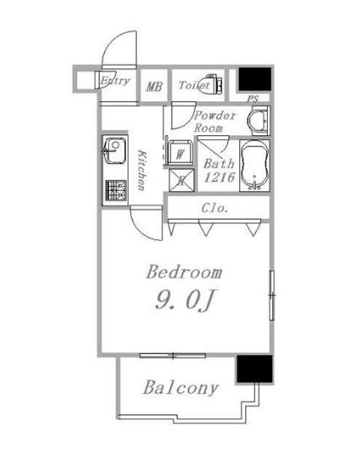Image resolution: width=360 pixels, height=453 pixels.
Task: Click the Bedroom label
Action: coord(184,272)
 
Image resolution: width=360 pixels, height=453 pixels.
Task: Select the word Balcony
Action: coord(181,388)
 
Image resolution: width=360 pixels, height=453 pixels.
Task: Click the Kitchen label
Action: coord(141,170)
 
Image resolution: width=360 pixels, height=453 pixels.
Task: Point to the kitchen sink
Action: coord(115,150)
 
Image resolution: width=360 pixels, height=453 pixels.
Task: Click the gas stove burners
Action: coord(116,191)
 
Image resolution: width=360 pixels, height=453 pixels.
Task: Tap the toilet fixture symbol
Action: coord(212,84)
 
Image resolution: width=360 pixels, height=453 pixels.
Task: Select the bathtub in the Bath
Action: coord(254,166)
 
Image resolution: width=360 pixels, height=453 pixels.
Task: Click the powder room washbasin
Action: coord(259,121)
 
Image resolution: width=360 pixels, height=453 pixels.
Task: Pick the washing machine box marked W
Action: coord(180,153)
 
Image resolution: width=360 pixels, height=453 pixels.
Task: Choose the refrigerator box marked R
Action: coord(182,181)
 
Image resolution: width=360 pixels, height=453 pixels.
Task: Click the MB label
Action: coord(154,87)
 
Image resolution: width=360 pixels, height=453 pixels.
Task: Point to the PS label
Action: coord(253,99)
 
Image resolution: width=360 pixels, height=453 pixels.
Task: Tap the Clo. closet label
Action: coord(215,208)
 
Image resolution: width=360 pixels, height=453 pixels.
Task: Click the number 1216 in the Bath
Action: coord(219,177)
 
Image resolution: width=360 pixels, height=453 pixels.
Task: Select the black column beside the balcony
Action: coord(254,369)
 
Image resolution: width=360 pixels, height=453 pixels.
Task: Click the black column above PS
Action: coord(255,79)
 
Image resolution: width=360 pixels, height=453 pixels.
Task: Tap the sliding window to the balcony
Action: coord(172,356)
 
